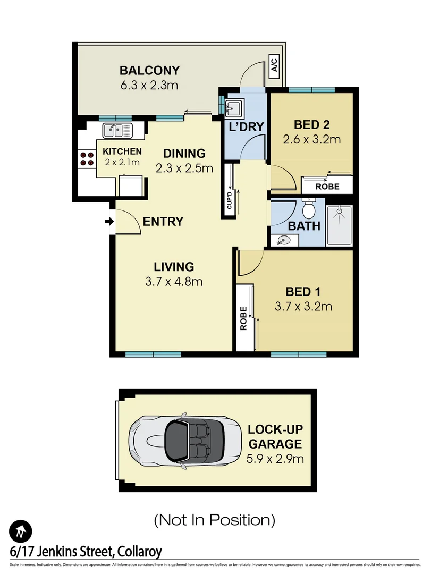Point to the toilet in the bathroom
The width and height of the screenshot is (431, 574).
tap(308, 206)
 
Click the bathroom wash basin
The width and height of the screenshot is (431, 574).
tap(282, 241)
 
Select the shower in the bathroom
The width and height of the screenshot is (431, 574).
tap(338, 225)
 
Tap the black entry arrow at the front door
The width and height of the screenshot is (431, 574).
tap(110, 222)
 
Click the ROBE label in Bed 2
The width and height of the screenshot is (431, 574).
tap(327, 187)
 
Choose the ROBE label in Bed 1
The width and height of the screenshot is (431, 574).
tap(244, 318)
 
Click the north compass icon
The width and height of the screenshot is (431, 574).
tap(20, 530)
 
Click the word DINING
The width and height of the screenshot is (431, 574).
tap(184, 154)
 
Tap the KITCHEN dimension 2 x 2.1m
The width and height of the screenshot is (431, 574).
tap(122, 162)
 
